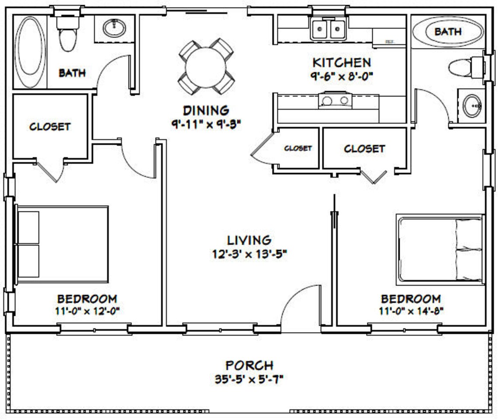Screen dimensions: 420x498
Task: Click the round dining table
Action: (x=205, y=67)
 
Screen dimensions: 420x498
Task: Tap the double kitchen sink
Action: (x=328, y=29)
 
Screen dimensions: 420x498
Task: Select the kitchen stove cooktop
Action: (x=335, y=101)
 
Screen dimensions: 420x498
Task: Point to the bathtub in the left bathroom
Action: (x=30, y=52)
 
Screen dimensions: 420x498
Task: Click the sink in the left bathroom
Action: (x=114, y=28)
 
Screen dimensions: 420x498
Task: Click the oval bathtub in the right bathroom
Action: (x=447, y=31)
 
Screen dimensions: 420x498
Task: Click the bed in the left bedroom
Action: (x=62, y=244)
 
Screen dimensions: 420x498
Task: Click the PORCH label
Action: (x=249, y=365)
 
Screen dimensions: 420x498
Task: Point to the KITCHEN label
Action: (x=342, y=63)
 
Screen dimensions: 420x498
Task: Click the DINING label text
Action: (x=205, y=110)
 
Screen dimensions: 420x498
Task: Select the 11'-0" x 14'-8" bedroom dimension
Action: (x=411, y=311)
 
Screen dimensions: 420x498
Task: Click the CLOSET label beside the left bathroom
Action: (x=50, y=127)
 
